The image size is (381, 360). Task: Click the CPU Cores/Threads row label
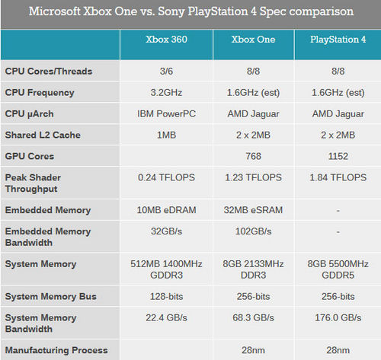point(48,72)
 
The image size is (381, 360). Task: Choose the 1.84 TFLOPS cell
point(336,177)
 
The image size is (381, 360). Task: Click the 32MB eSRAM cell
point(250,209)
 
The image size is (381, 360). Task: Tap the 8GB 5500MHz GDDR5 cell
point(336,269)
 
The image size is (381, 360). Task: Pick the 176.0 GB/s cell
point(336,317)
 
